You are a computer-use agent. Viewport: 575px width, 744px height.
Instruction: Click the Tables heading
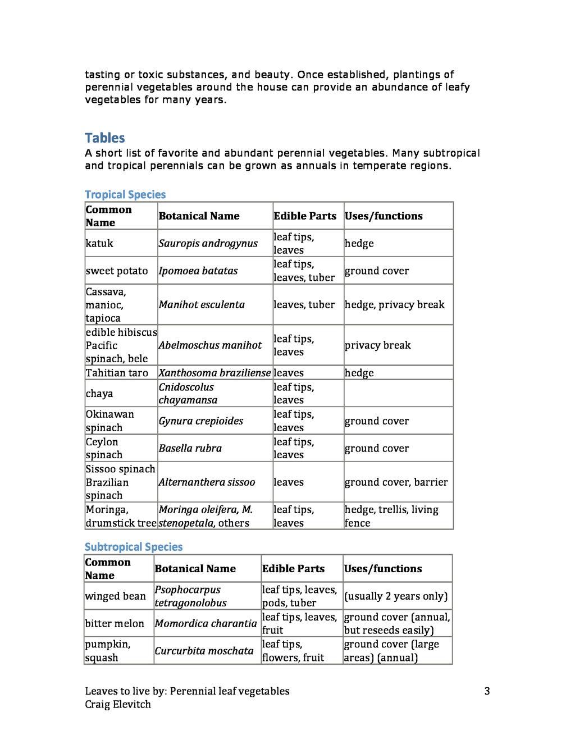(x=105, y=138)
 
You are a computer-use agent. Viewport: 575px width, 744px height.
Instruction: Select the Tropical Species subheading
(x=125, y=195)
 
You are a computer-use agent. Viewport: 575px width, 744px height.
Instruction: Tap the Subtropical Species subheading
(x=134, y=547)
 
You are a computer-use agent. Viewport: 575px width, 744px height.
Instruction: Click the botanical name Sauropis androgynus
(x=208, y=243)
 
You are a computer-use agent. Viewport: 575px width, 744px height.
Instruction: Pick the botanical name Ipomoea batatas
(x=198, y=271)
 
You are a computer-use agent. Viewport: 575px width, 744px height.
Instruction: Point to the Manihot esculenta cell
(x=202, y=304)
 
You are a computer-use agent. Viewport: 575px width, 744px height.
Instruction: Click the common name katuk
(x=99, y=243)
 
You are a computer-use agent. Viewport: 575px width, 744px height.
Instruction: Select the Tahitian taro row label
(x=117, y=373)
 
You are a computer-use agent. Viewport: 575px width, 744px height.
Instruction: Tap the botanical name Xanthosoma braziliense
(x=215, y=373)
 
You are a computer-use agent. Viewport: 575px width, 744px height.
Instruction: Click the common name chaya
(x=99, y=393)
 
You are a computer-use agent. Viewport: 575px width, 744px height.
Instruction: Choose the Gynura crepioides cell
(x=200, y=421)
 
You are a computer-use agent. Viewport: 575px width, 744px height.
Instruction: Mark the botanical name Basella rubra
(x=190, y=448)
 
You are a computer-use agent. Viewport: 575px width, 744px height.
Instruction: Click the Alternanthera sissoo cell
(x=207, y=482)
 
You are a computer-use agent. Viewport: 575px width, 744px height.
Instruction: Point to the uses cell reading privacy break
(x=377, y=345)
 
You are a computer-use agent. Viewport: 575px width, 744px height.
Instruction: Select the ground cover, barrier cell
(x=396, y=482)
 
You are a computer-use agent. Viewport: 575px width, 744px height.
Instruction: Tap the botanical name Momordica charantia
(x=206, y=623)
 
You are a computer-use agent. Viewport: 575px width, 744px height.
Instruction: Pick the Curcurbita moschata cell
(x=204, y=651)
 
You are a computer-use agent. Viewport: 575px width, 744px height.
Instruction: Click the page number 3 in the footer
(x=487, y=691)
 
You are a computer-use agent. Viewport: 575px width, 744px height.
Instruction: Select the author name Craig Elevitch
(x=118, y=704)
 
